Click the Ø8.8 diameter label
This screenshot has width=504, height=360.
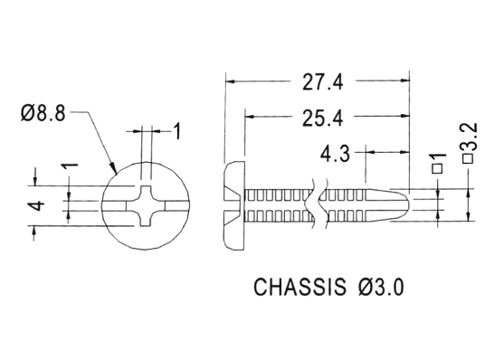[x=43, y=113]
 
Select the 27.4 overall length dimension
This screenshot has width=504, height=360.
[x=323, y=81]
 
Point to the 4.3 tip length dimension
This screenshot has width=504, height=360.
[x=335, y=154]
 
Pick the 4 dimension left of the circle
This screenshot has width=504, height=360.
[x=38, y=205]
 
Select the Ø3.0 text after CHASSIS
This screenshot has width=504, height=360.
[x=381, y=287]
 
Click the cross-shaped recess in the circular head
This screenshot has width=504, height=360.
[x=146, y=205]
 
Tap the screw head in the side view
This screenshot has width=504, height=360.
[x=234, y=205]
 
